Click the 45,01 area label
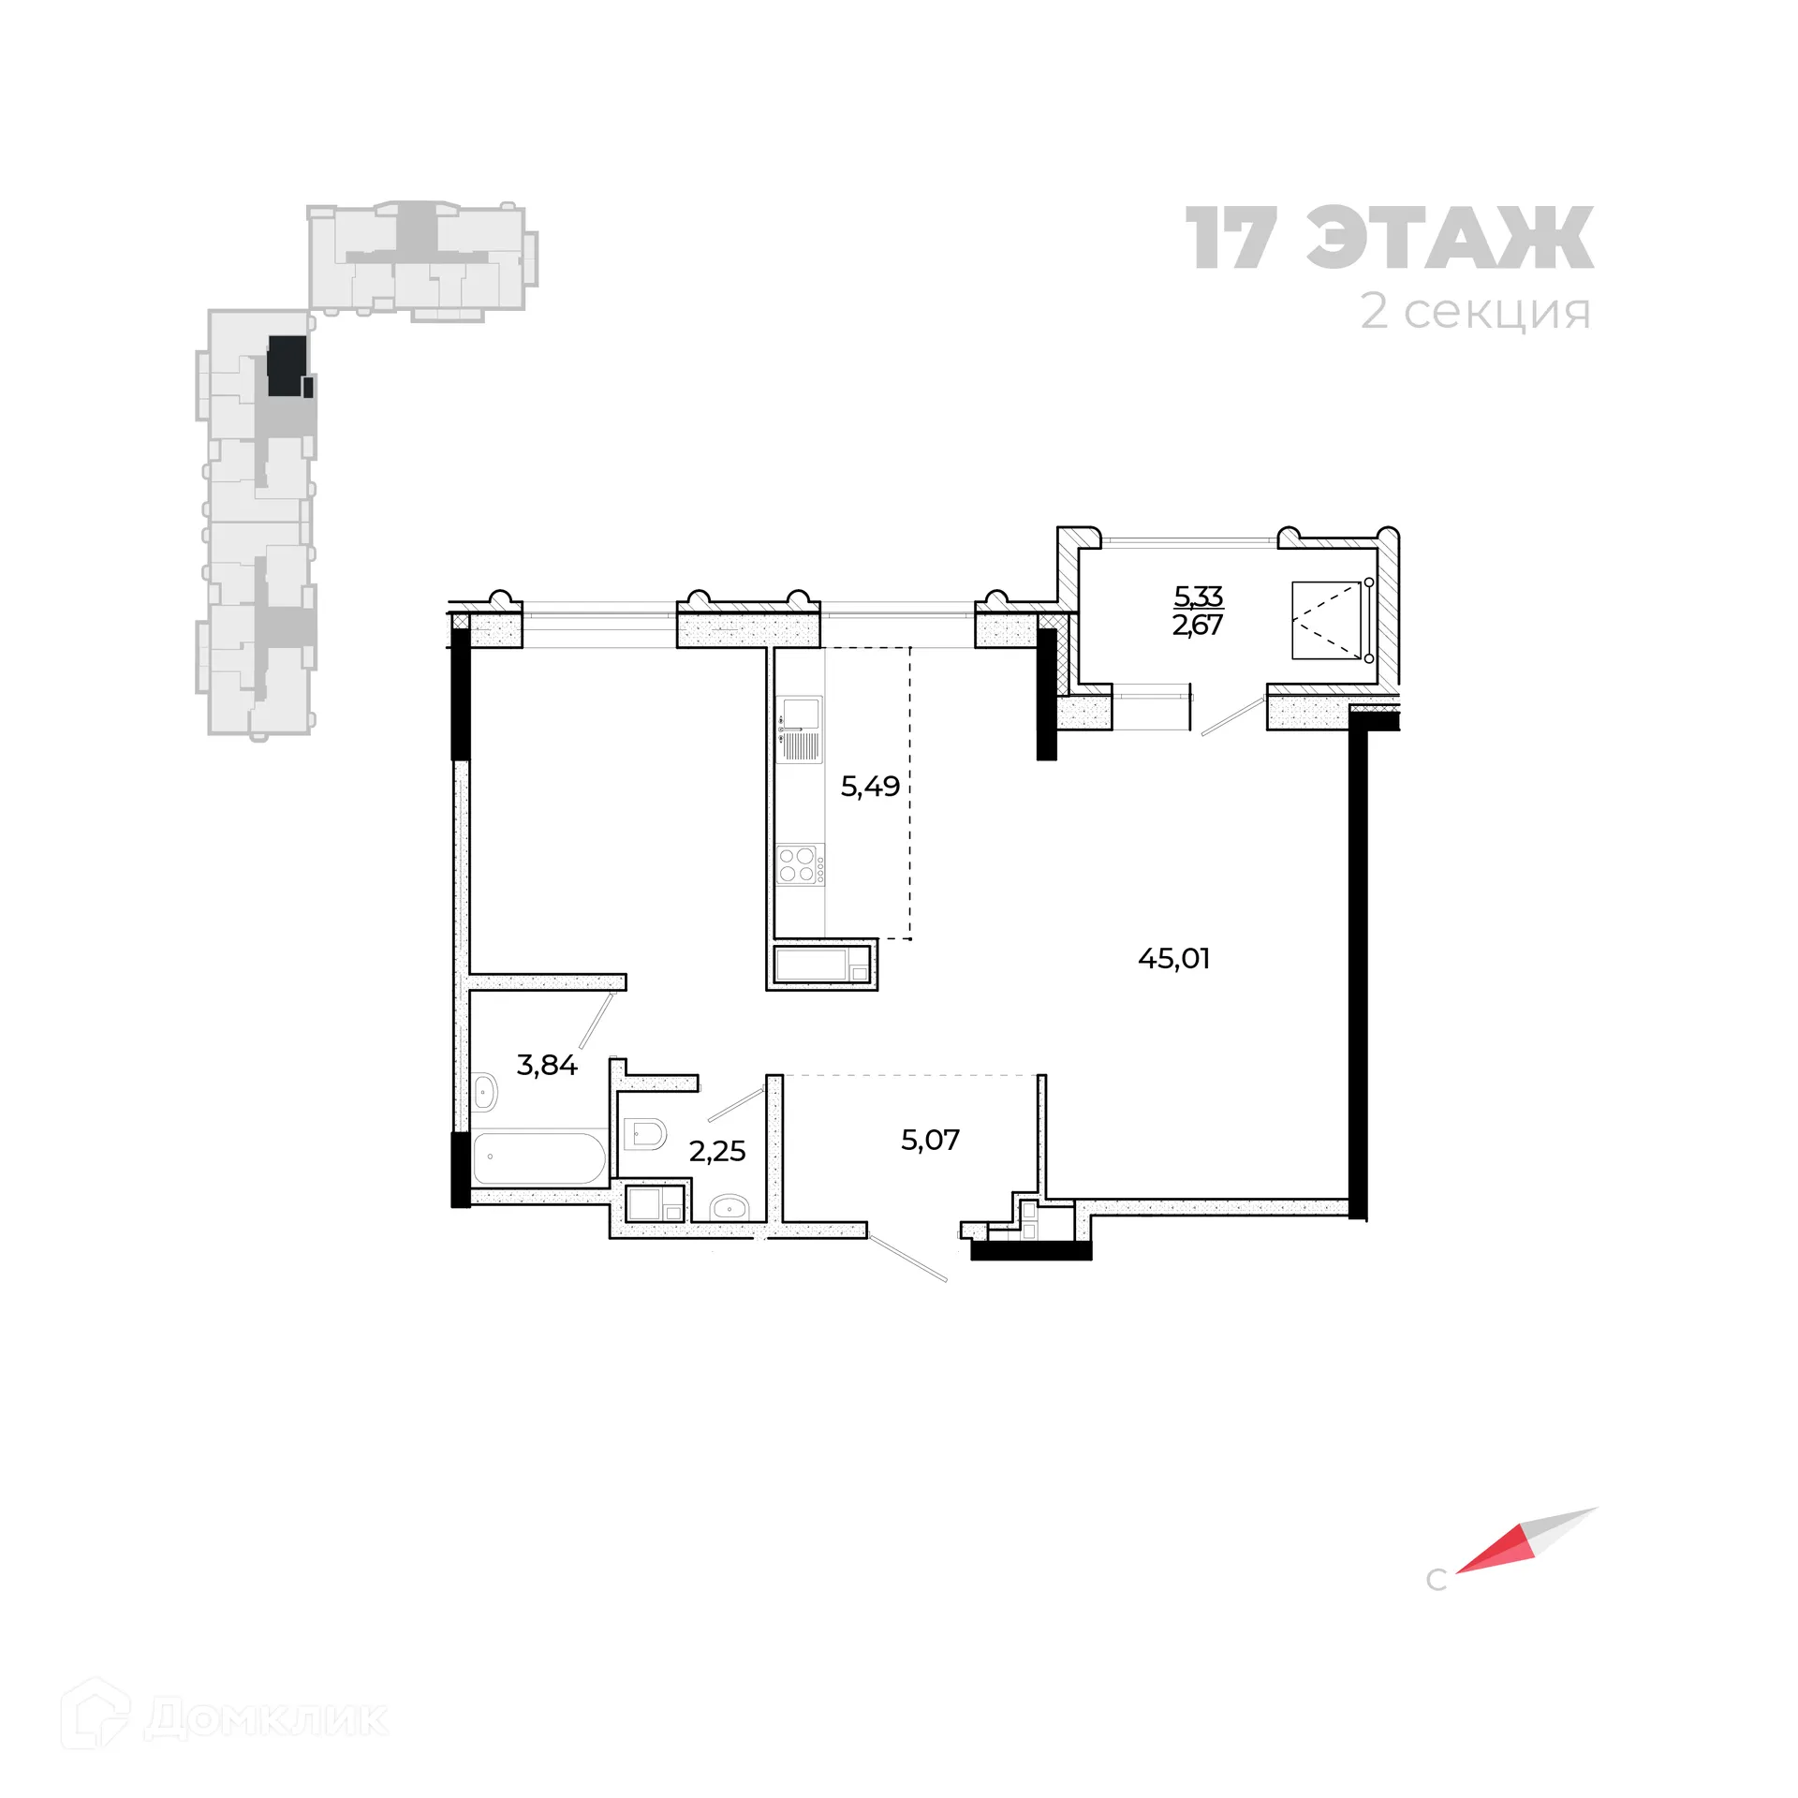pyautogui.click(x=1173, y=959)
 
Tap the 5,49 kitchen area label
pyautogui.click(x=870, y=787)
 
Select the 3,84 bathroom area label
pyautogui.click(x=547, y=1065)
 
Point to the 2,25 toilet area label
pyautogui.click(x=717, y=1151)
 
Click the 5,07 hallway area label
pyautogui.click(x=930, y=1140)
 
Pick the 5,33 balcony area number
pyautogui.click(x=1198, y=596)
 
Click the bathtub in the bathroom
pyautogui.click(x=538, y=1159)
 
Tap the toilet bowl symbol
pyautogui.click(x=644, y=1136)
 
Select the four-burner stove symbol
pyautogui.click(x=799, y=864)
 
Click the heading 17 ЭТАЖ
pyautogui.click(x=1390, y=239)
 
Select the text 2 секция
pyautogui.click(x=1475, y=312)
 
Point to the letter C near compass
pyautogui.click(x=1436, y=1581)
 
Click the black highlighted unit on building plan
pyautogui.click(x=287, y=366)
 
